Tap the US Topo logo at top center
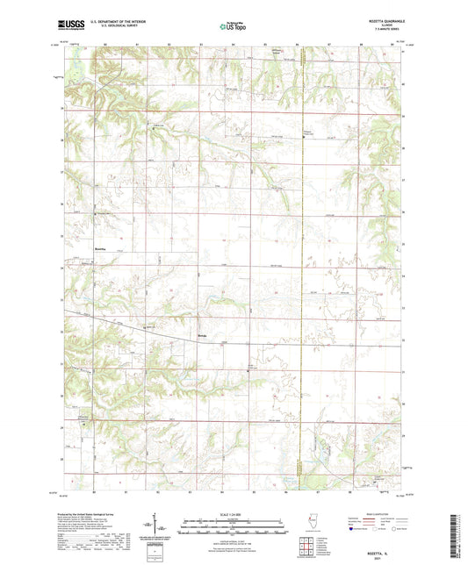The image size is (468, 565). pyautogui.click(x=233, y=27)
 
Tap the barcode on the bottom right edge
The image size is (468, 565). pyautogui.click(x=460, y=535)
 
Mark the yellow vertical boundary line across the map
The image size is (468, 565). pyautogui.click(x=300, y=263)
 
